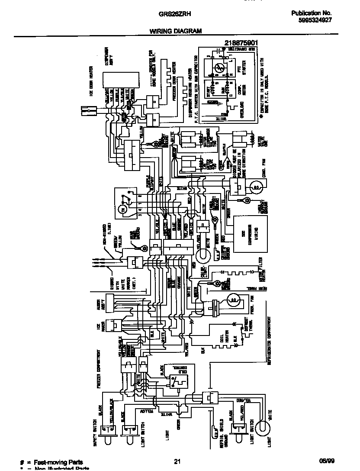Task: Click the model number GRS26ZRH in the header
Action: (173, 13)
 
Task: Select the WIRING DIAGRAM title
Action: (176, 31)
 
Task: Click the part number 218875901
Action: (241, 43)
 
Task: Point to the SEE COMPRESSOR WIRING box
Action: (251, 234)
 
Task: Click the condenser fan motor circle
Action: (256, 187)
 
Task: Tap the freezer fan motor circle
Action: (232, 298)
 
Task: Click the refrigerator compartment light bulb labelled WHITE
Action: (262, 428)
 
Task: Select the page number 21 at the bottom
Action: (177, 461)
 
